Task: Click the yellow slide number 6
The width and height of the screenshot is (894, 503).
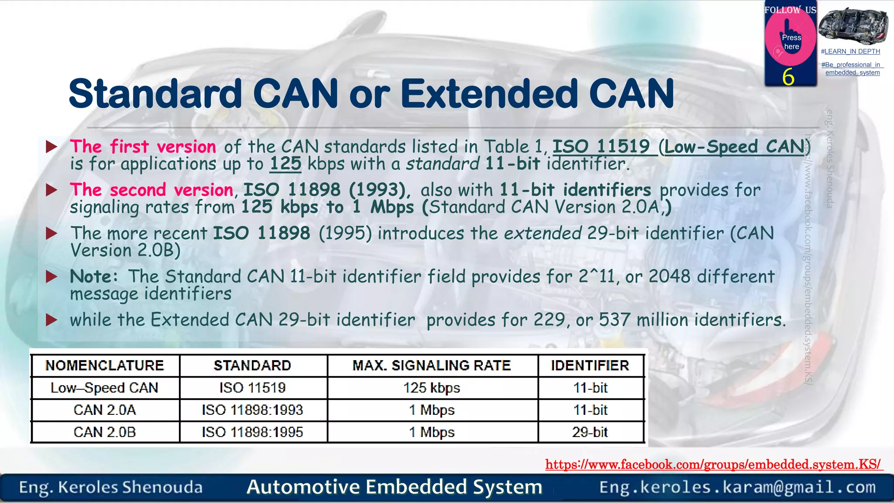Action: [x=788, y=77]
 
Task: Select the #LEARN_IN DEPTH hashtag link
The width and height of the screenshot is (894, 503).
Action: [x=850, y=52]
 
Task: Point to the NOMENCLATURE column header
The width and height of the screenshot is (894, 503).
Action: [x=105, y=365]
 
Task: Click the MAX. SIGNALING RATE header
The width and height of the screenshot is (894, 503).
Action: [x=432, y=365]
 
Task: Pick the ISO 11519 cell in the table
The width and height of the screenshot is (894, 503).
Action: [x=252, y=388]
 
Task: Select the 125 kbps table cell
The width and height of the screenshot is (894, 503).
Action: [x=432, y=388]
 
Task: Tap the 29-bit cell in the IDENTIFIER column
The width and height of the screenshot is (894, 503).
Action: [x=590, y=432]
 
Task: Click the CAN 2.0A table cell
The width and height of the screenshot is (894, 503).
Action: [x=105, y=410]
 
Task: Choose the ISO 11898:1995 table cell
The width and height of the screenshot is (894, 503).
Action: [x=252, y=432]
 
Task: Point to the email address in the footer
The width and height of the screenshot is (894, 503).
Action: [x=737, y=487]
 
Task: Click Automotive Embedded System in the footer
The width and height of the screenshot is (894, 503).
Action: [x=394, y=487]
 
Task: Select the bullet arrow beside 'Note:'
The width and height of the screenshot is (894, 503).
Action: [x=52, y=277]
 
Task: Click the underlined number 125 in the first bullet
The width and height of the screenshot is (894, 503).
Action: [x=285, y=164]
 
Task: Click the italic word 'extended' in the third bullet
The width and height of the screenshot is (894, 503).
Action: [x=543, y=234]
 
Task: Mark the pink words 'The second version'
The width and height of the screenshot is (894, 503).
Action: [x=151, y=190]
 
